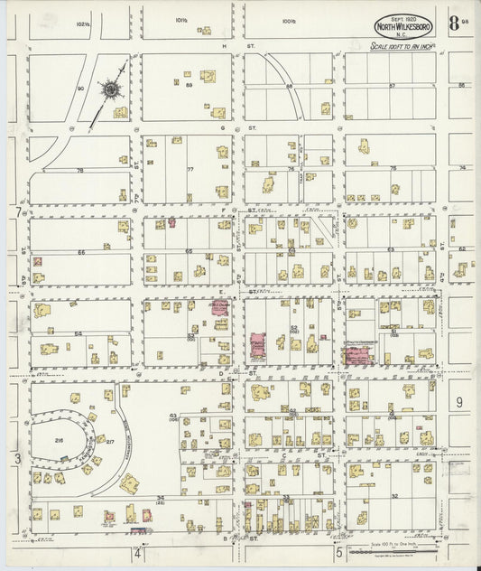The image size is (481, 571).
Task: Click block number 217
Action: [111, 441]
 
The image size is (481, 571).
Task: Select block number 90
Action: [80, 88]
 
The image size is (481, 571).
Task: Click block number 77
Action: [190, 169]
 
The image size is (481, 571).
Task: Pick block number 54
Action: [79, 334]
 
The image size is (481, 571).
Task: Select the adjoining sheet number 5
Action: [339, 551]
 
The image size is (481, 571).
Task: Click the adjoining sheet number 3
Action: [17, 459]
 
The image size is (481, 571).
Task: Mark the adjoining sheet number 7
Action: [17, 212]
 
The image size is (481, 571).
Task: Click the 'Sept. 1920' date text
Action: [402, 17]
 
